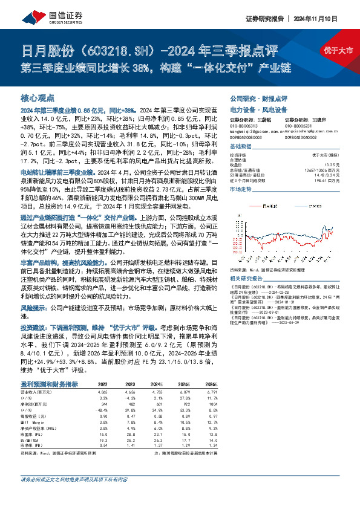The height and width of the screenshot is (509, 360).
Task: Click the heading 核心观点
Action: pyautogui.click(x=38, y=98)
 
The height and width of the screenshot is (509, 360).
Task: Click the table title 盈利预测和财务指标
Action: pyautogui.click(x=49, y=383)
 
